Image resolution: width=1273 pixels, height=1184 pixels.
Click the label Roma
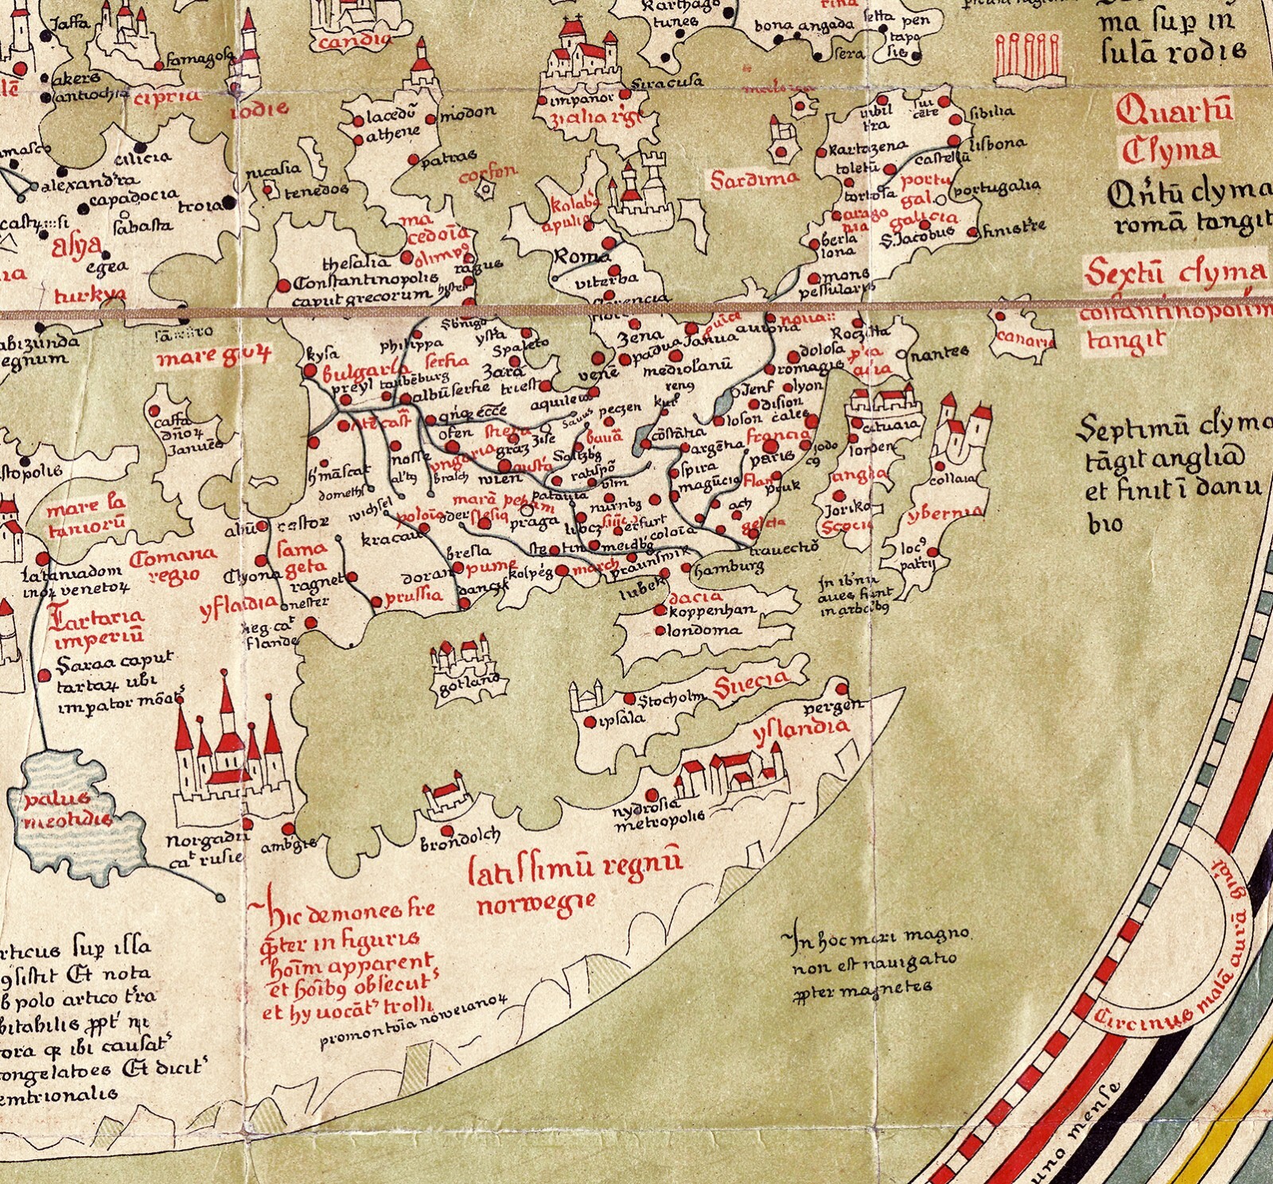[582, 256]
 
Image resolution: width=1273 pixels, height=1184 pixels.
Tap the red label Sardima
[754, 178]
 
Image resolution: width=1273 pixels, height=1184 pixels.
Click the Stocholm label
[672, 699]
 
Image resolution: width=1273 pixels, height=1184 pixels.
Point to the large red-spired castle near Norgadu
[232, 755]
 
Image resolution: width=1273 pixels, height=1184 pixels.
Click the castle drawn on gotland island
[460, 656]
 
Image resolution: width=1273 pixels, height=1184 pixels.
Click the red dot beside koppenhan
[660, 611]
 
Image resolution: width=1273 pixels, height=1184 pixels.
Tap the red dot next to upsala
[590, 722]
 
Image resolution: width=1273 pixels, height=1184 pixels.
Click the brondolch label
[460, 838]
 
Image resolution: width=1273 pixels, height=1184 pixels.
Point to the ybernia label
[945, 514]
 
